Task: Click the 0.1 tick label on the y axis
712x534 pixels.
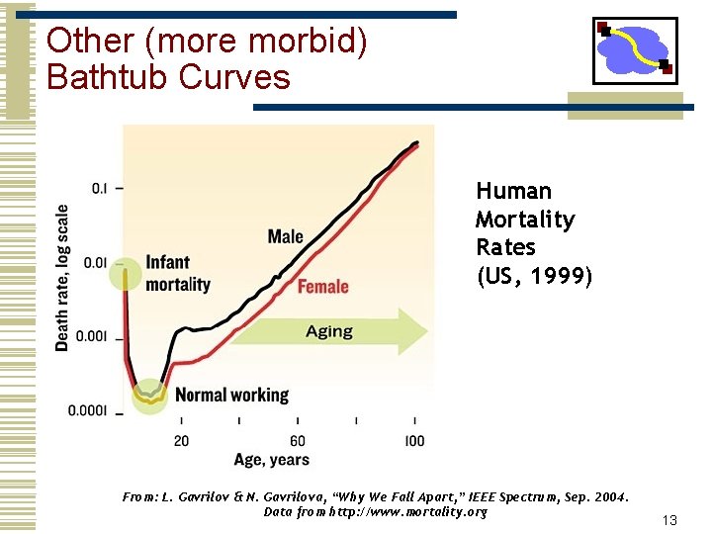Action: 100,188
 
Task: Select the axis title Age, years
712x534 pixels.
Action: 271,459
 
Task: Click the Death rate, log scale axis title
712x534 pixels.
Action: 63,278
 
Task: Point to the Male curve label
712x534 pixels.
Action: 285,235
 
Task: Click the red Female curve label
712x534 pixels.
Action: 322,287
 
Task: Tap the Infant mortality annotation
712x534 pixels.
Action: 178,273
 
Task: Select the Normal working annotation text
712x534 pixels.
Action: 231,395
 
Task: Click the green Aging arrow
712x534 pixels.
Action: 331,331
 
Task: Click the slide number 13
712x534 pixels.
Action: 669,520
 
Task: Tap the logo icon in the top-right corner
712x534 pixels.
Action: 635,50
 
